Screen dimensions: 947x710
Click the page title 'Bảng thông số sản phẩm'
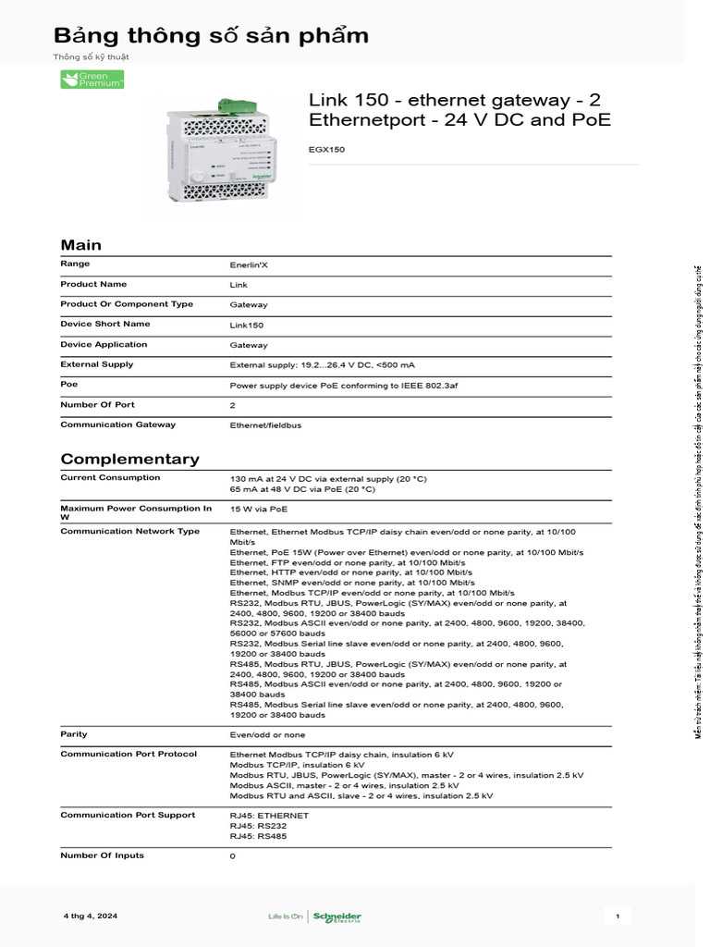point(211,36)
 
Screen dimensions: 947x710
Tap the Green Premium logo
point(92,80)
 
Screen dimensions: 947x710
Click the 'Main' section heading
point(81,245)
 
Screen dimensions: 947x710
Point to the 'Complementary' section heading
point(129,459)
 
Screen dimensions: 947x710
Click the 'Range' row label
point(75,264)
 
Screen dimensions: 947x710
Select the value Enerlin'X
point(249,264)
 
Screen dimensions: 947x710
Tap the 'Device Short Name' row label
point(104,325)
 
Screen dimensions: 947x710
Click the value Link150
point(247,326)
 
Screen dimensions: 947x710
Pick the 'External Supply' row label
point(97,364)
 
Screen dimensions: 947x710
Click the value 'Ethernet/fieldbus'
point(265,425)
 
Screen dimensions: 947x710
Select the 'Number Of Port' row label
point(97,404)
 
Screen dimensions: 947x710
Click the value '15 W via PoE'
point(258,509)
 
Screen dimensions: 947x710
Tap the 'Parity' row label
point(74,734)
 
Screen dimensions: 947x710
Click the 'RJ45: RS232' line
point(258,826)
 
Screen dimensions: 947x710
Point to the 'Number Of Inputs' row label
point(102,855)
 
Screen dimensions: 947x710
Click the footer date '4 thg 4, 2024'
point(91,916)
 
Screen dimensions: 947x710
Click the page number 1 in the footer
point(617,916)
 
